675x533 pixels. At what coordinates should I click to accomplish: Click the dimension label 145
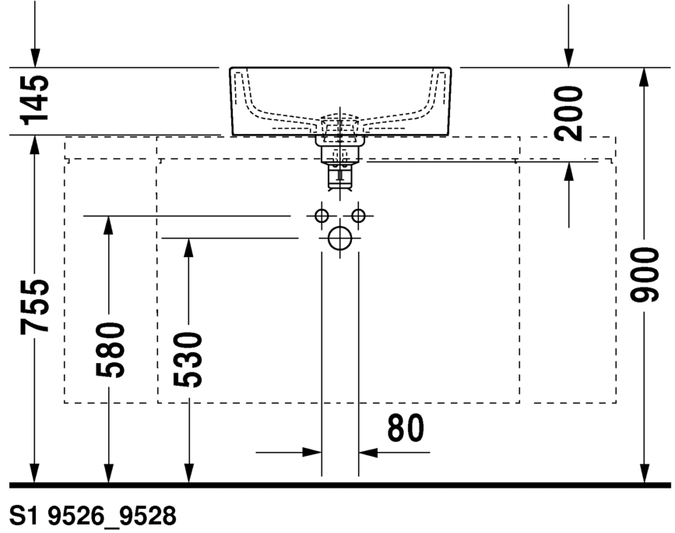tap(34, 101)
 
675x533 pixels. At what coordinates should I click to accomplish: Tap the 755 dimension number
tap(34, 306)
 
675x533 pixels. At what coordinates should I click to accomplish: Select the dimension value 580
tap(110, 350)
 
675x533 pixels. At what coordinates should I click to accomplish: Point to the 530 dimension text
tap(188, 359)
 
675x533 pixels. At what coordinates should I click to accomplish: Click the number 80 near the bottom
tap(406, 428)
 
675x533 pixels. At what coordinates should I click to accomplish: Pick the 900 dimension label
tap(644, 275)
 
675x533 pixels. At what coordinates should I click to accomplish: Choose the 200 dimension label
tap(568, 113)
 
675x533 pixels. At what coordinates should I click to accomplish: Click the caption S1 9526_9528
tap(93, 515)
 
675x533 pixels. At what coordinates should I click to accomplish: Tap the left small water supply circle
tap(322, 215)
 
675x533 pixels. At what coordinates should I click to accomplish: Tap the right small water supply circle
tap(358, 215)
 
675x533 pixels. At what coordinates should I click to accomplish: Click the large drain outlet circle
tap(340, 238)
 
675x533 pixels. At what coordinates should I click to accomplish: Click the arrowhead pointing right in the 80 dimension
tap(312, 453)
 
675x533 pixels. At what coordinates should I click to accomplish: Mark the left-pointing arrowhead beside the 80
tap(368, 453)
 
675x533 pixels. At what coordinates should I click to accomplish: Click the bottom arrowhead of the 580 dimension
tap(109, 473)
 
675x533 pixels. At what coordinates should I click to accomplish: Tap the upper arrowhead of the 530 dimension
tap(188, 248)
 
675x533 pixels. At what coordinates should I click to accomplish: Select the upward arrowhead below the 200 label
tap(568, 172)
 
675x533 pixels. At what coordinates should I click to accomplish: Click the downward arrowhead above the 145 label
tap(35, 58)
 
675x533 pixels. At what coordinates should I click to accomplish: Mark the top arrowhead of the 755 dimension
tap(35, 145)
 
